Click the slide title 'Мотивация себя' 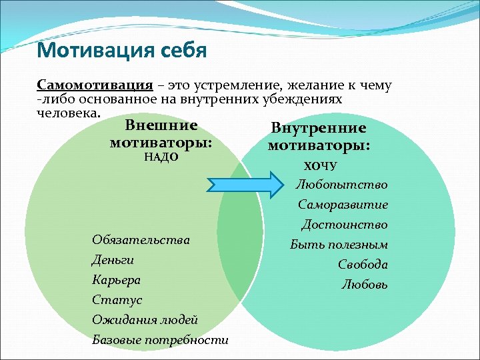(122, 50)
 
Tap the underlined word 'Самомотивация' (95, 86)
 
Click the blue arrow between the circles (246, 184)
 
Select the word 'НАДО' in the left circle (161, 157)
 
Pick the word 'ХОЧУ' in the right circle (320, 165)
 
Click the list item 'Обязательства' (141, 239)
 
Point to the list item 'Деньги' (113, 259)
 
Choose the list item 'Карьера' (117, 279)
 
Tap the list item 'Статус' (117, 300)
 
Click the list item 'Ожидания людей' (145, 320)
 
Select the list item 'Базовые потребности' (160, 340)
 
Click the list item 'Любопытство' (342, 185)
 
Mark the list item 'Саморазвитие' (343, 205)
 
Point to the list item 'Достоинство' (344, 225)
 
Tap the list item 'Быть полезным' (339, 245)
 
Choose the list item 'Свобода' (363, 265)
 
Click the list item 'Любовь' (365, 285)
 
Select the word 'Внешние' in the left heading (161, 125)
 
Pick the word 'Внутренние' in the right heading (319, 128)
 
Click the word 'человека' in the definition (68, 111)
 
